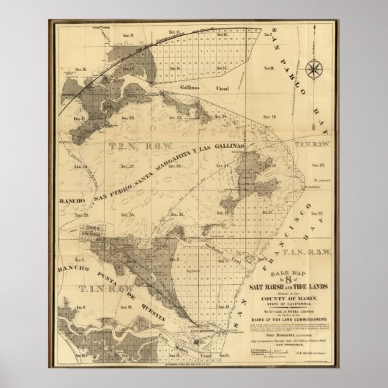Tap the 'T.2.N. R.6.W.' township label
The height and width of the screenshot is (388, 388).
130,146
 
